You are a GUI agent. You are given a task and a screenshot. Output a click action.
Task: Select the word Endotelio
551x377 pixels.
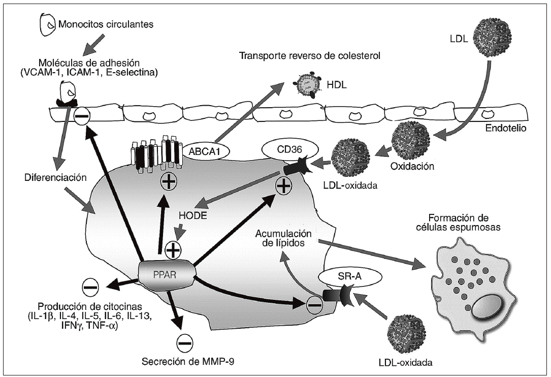pos(505,129)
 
